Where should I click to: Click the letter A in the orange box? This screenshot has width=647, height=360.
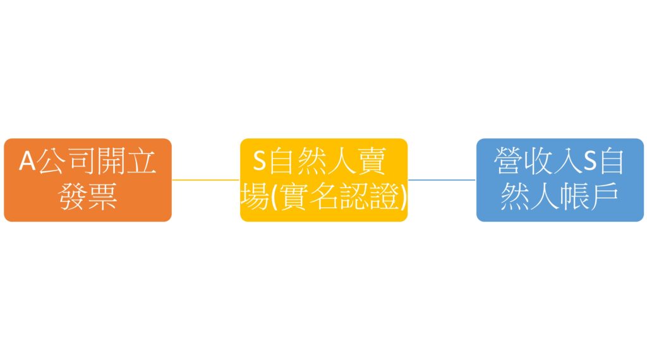point(28,161)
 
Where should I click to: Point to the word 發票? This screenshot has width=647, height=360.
point(88,196)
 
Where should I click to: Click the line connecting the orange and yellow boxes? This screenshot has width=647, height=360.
point(205,180)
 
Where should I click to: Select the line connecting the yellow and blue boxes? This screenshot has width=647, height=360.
point(442,180)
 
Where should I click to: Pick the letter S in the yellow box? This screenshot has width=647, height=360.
point(259,161)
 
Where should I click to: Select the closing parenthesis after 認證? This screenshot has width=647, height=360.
point(403,197)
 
